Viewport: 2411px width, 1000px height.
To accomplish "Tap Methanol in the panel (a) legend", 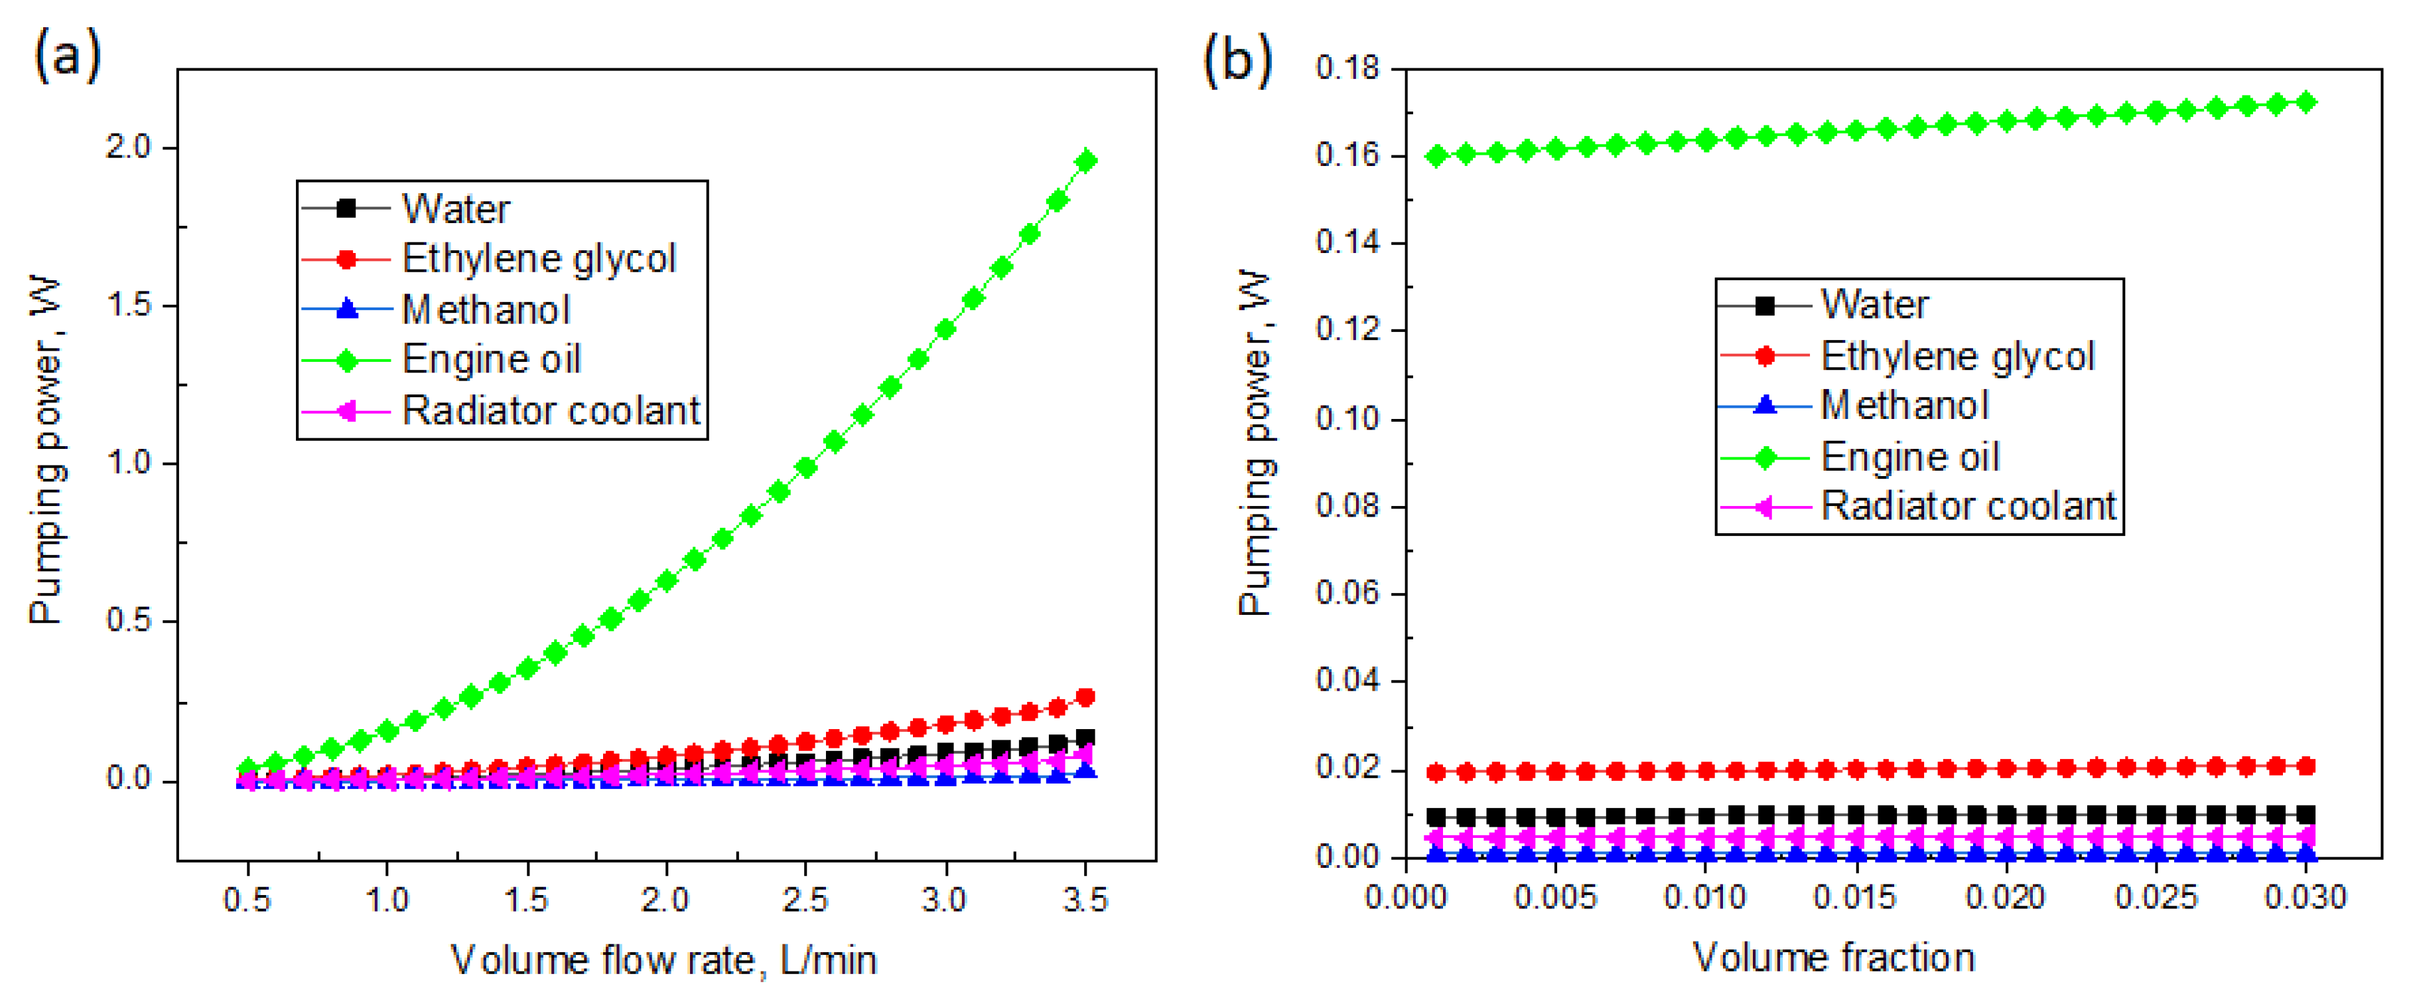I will click(485, 310).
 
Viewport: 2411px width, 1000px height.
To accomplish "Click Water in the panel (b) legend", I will click(1874, 305).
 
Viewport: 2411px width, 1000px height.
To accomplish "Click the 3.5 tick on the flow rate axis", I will click(1085, 900).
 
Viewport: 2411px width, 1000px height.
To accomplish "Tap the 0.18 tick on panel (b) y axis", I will click(1347, 68).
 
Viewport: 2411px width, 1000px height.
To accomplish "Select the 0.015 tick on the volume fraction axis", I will click(1854, 897).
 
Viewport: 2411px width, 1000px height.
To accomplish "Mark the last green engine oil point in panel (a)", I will click(1085, 161).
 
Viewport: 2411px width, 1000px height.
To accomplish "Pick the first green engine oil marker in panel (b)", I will click(1436, 156).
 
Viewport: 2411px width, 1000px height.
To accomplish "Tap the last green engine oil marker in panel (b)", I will click(2306, 102).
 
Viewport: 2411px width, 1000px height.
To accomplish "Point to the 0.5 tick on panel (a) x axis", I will click(247, 900).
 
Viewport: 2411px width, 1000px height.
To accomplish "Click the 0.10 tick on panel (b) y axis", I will click(1347, 418).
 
